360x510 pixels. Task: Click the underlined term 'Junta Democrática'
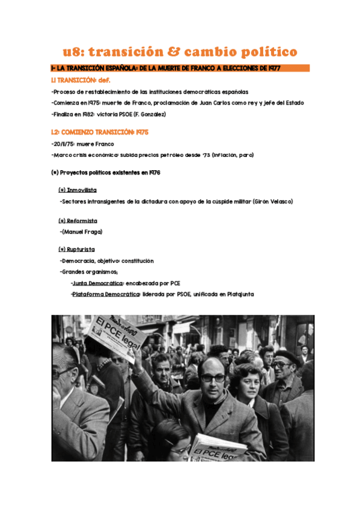(97, 283)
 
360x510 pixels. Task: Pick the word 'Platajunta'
(238, 294)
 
